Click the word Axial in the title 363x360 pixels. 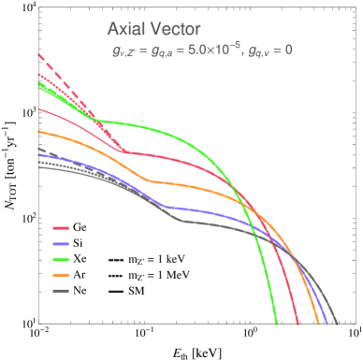[125, 29]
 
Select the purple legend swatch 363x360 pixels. [61, 243]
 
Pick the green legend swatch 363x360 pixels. [61, 259]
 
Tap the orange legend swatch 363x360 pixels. [61, 275]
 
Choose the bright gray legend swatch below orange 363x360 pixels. [61, 291]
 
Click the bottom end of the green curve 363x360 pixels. [277, 324]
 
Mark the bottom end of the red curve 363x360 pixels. [298, 324]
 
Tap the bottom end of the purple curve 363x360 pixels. [331, 324]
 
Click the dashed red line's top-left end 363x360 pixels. [38, 54]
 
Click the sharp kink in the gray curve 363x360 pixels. [180, 221]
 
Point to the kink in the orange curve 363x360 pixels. [138, 180]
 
